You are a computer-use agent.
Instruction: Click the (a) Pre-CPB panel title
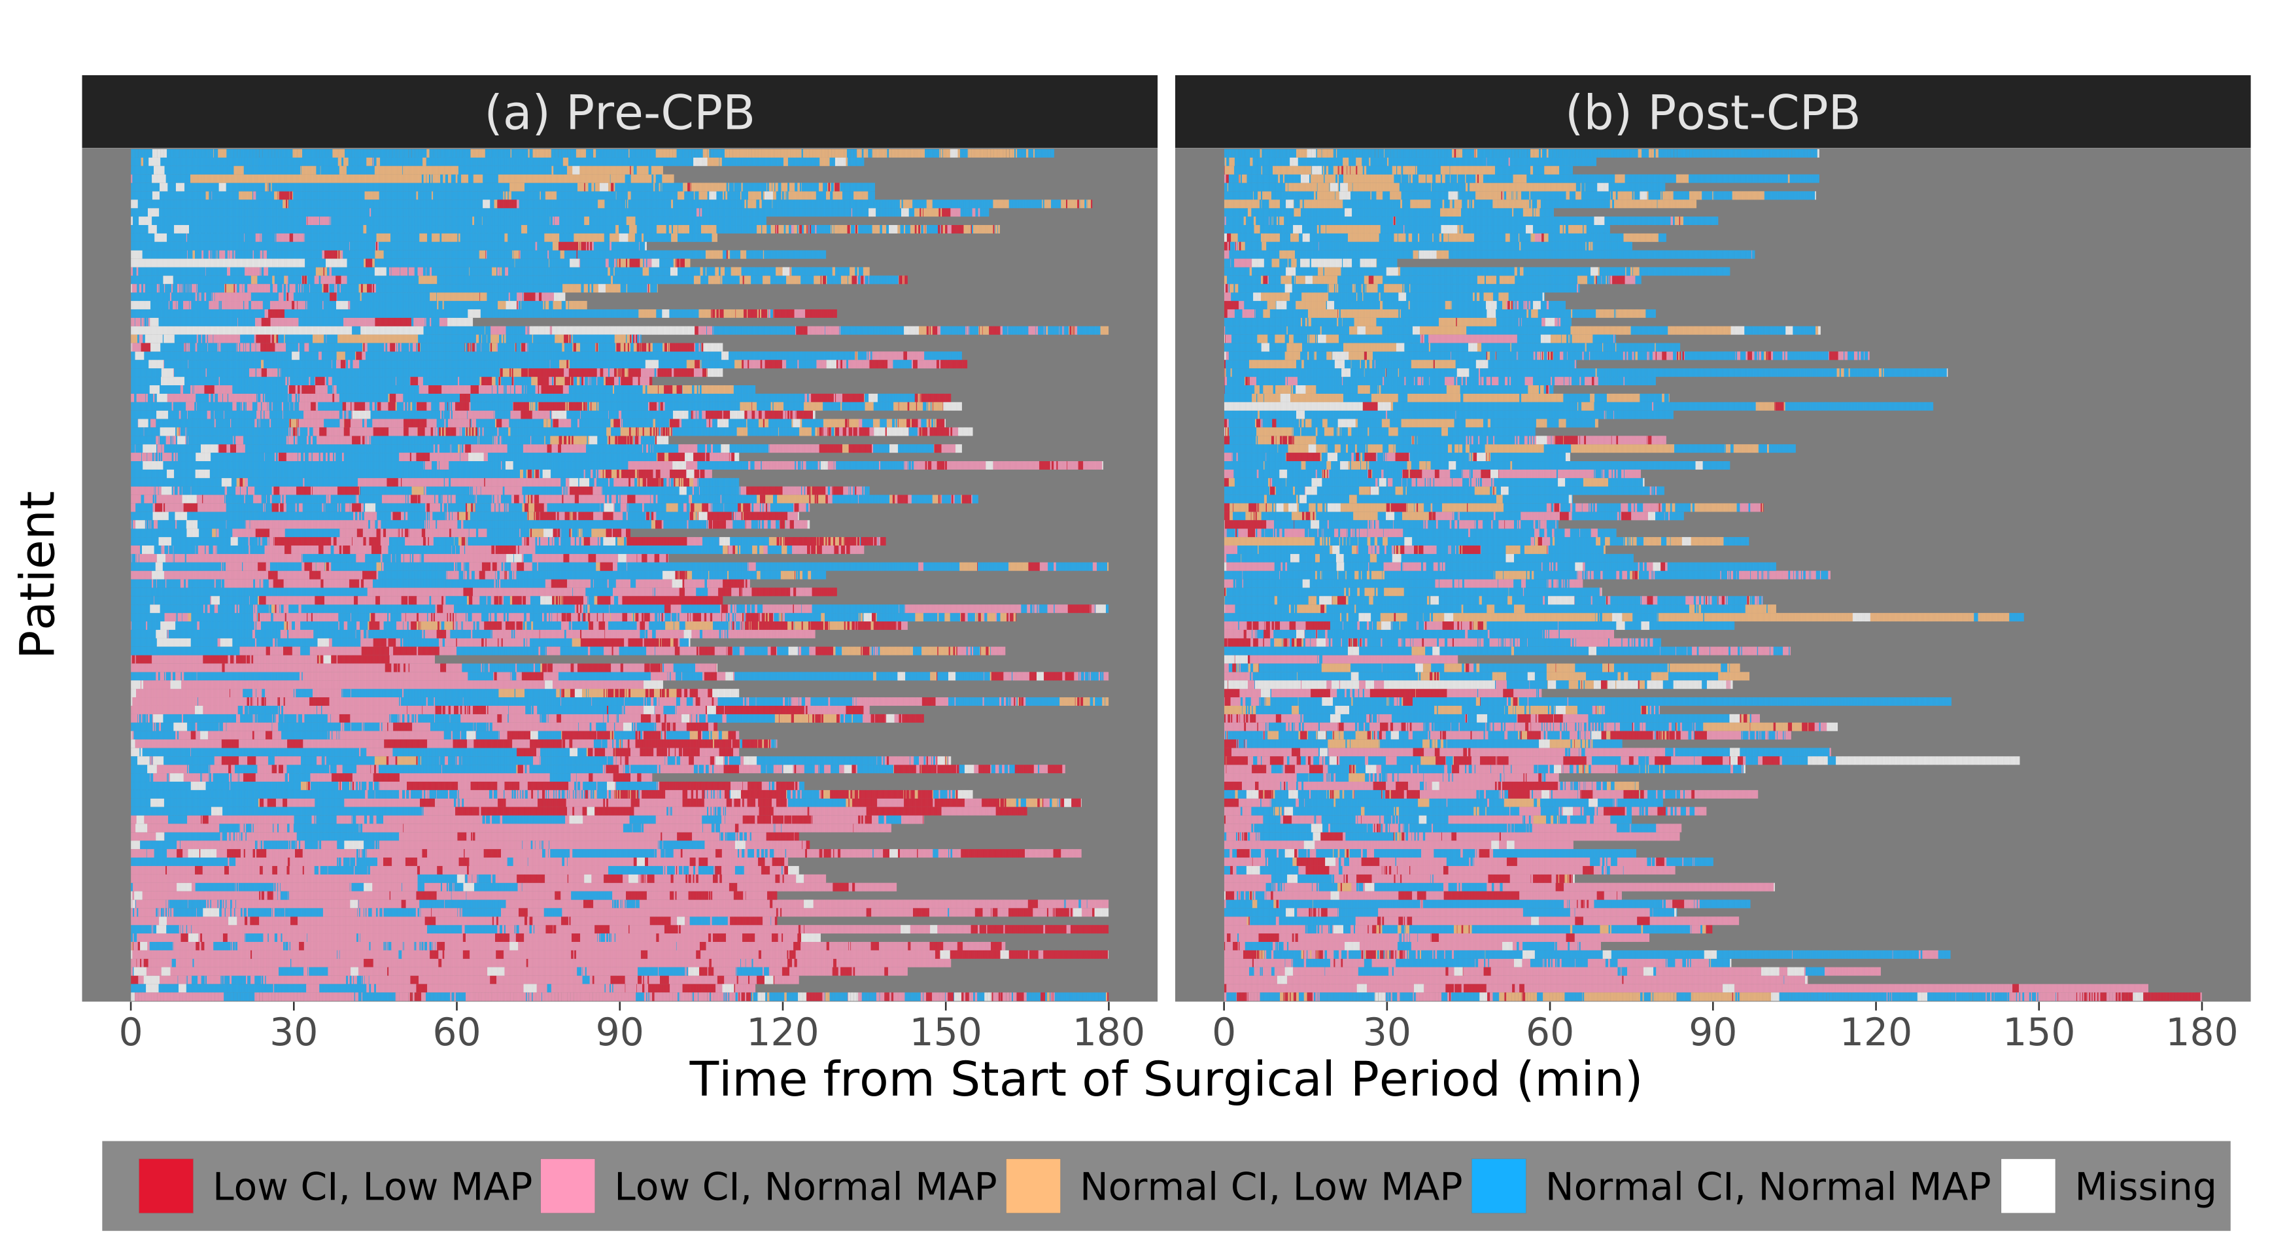tap(619, 113)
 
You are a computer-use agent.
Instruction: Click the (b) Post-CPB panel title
tap(1712, 113)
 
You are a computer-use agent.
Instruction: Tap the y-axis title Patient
tap(38, 574)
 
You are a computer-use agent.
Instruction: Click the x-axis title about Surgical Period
tap(1165, 1079)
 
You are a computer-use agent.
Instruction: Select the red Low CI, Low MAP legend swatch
tap(165, 1187)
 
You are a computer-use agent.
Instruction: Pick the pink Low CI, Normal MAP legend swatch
tap(568, 1187)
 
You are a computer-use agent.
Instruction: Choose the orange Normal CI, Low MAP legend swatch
tap(1033, 1187)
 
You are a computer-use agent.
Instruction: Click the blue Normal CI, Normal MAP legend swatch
tap(1498, 1187)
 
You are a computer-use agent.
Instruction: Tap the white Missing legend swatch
tap(2027, 1187)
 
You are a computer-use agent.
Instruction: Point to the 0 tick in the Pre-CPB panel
tap(130, 1032)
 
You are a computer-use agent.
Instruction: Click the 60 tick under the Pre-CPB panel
tap(456, 1032)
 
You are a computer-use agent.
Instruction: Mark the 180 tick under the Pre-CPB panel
tap(1108, 1032)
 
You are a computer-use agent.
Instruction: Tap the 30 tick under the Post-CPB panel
tap(1387, 1032)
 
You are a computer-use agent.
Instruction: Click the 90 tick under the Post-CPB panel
tap(1712, 1032)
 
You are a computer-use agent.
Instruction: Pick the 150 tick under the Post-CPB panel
tap(2038, 1032)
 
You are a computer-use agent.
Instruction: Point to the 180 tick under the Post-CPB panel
tap(2201, 1032)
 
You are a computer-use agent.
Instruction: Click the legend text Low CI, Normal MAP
tap(804, 1187)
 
